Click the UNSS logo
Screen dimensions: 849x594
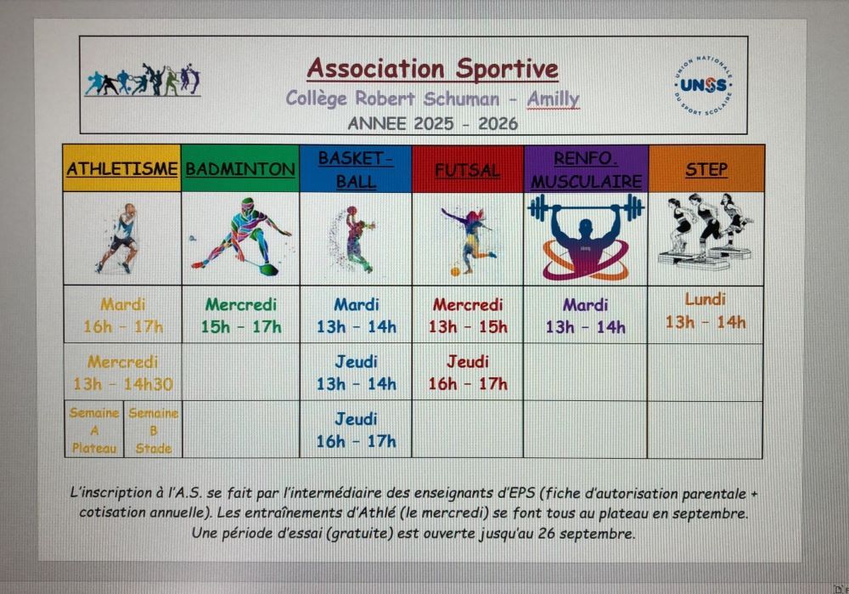703,85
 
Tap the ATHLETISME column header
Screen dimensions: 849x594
121,168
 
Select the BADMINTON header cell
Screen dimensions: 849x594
240,168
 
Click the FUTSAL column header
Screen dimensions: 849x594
467,169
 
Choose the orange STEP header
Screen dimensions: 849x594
706,169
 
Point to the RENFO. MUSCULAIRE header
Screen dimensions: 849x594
586,169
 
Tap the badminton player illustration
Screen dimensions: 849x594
241,237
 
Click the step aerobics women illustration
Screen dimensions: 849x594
705,233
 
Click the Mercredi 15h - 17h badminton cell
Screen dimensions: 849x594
241,315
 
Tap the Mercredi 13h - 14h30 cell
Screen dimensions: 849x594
123,372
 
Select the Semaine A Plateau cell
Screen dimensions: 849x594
94,430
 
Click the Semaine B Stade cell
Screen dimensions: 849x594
153,430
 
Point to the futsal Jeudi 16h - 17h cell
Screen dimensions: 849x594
467,372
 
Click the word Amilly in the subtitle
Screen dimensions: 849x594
553,99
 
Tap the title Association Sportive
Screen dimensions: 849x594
433,69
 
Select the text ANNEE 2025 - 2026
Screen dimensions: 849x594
433,123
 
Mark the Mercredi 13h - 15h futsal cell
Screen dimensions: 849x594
467,315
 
